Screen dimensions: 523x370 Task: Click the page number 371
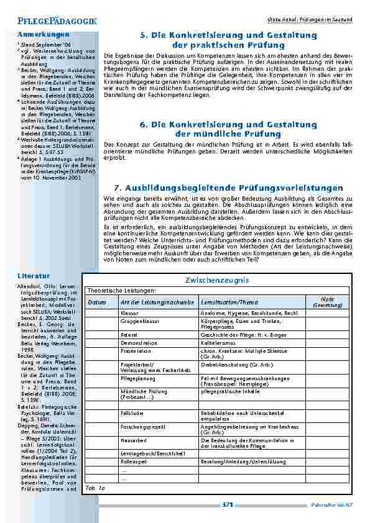(227, 505)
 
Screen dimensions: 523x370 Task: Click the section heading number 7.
(118, 188)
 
